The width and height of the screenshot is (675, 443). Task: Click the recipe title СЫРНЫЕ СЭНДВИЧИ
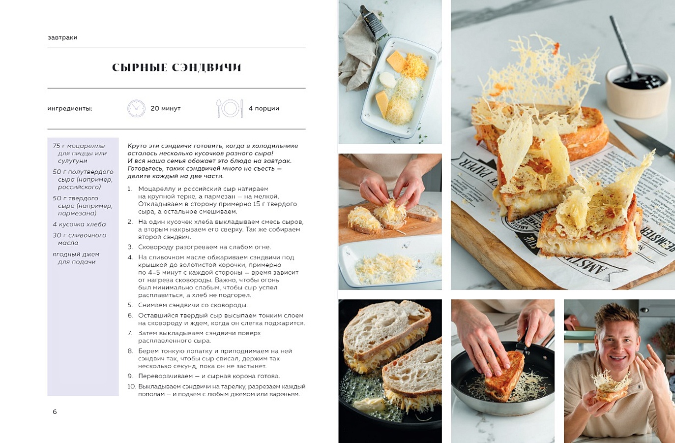point(176,67)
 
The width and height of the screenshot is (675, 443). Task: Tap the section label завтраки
point(62,38)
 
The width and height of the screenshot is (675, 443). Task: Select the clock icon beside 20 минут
point(136,108)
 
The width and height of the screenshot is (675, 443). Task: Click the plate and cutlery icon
point(230,108)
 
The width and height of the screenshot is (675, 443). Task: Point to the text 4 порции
point(264,108)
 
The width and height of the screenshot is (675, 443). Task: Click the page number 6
point(55,412)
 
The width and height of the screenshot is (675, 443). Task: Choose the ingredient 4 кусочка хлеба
point(79,224)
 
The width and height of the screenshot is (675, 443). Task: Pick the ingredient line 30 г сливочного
point(80,235)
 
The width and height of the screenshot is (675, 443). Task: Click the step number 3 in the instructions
point(130,247)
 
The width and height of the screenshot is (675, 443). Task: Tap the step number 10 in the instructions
point(131,386)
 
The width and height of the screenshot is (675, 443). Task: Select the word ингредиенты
point(70,109)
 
